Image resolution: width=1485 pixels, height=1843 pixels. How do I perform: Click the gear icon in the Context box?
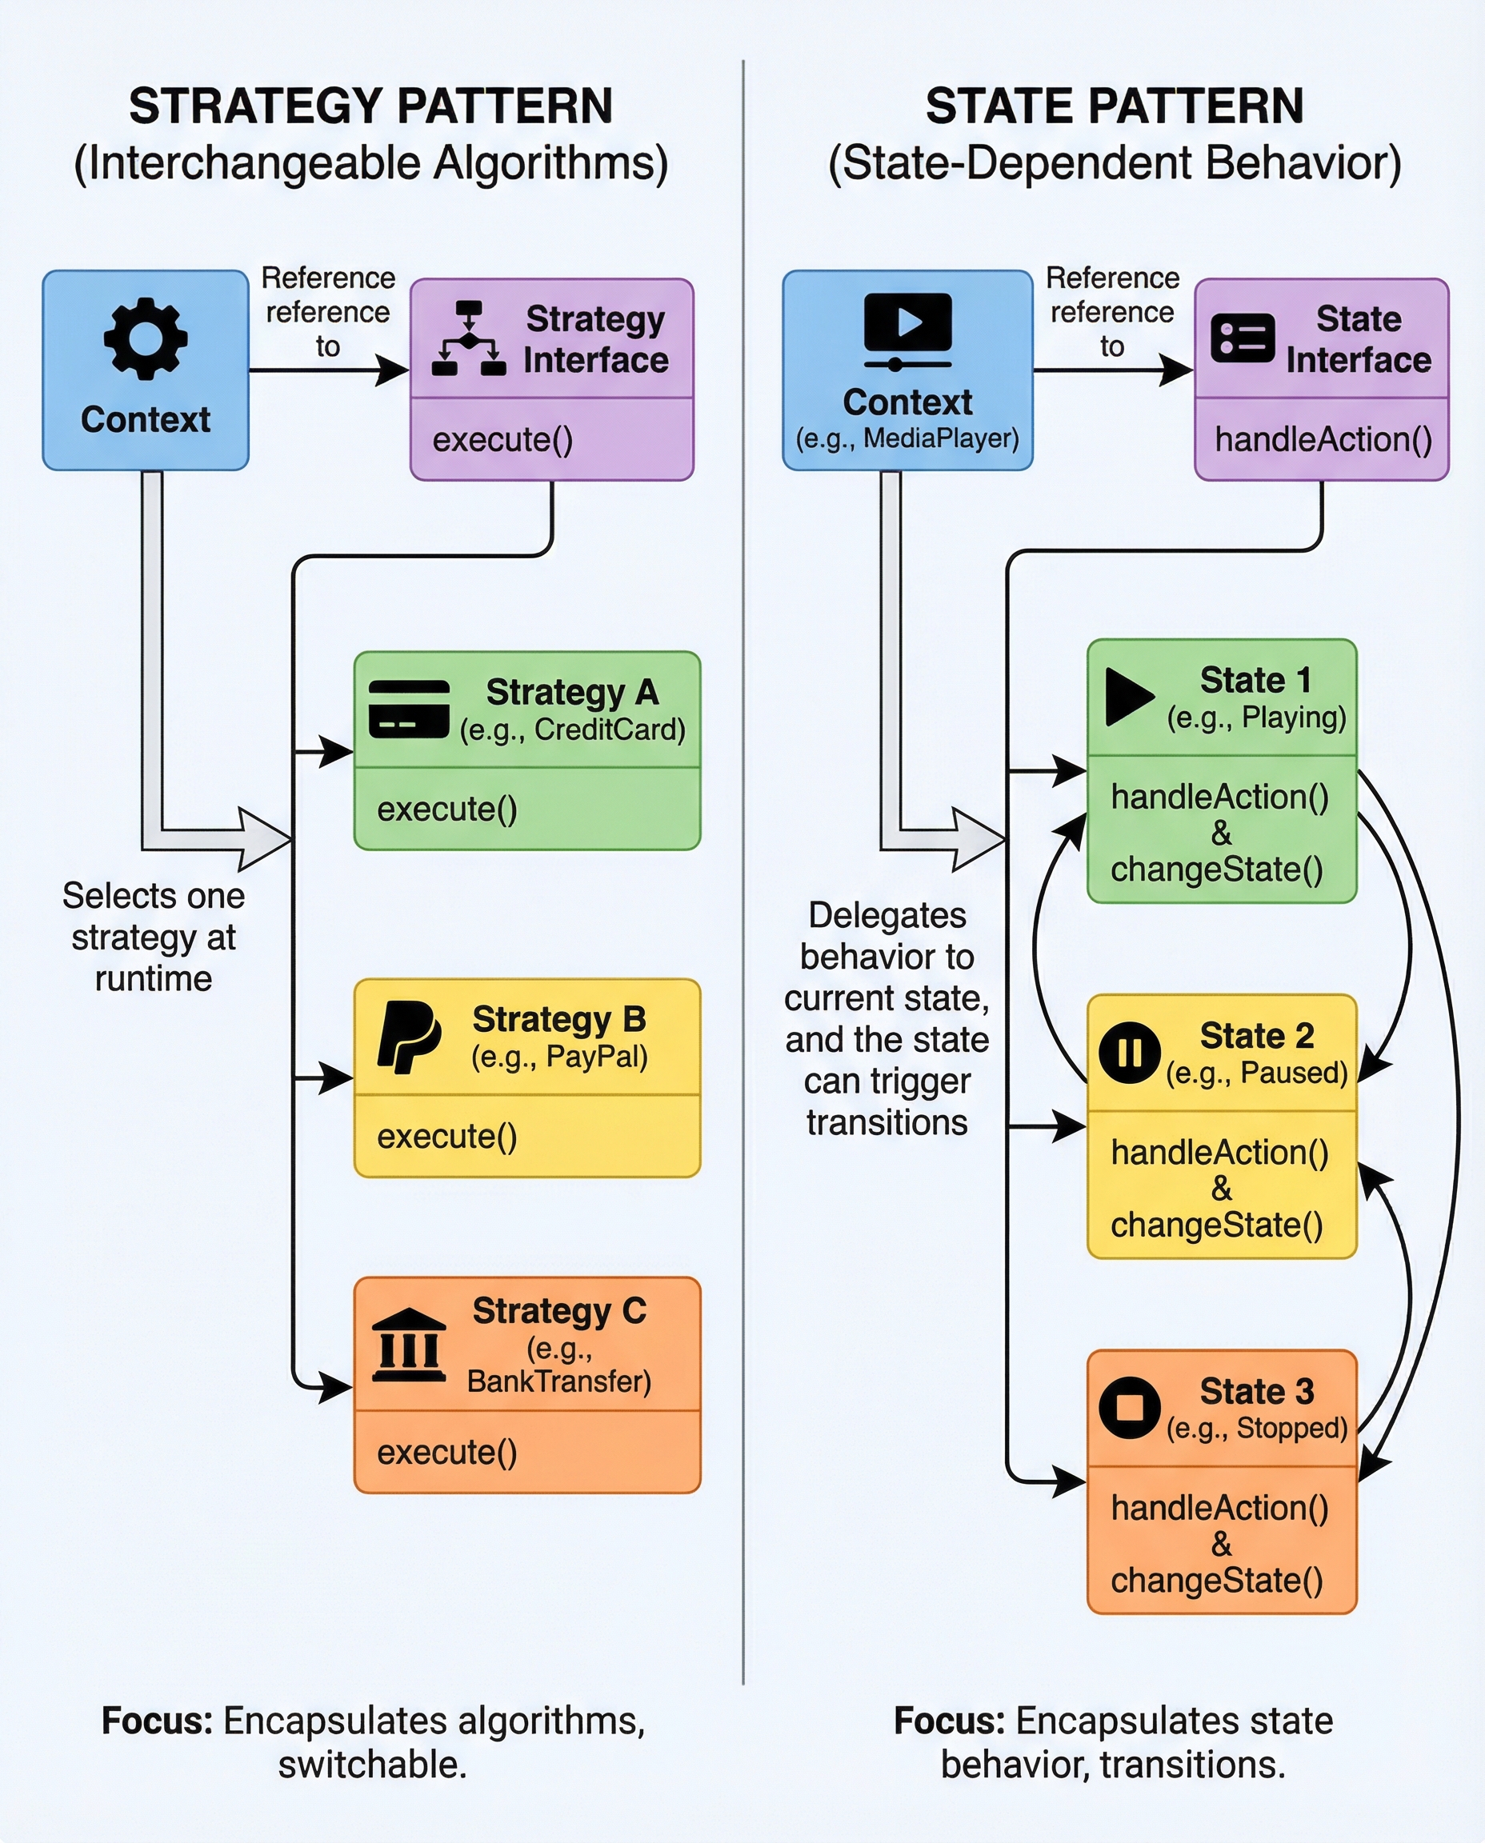pos(146,338)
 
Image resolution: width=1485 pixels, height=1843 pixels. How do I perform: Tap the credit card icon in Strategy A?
pos(408,709)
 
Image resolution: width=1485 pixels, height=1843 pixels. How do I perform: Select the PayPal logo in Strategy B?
pos(408,1037)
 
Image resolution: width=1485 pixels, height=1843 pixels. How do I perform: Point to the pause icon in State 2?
pos(1129,1053)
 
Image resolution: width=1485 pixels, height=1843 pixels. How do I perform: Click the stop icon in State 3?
pos(1129,1408)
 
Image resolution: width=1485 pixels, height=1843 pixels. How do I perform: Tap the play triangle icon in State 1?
pos(1128,697)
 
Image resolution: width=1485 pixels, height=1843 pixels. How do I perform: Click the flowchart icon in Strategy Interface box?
pos(469,338)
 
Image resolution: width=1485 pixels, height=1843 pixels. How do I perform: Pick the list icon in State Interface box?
pos(1242,338)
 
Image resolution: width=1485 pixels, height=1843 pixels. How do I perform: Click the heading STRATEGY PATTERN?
pos(370,106)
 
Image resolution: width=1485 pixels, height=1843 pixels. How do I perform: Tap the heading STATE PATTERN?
pos(1114,106)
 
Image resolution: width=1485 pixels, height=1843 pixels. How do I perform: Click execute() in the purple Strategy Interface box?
pos(502,440)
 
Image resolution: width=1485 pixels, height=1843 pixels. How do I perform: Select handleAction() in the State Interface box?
pos(1323,440)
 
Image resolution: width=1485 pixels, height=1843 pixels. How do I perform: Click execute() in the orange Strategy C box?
pos(446,1452)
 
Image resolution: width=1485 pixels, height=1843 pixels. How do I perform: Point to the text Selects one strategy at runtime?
pos(153,937)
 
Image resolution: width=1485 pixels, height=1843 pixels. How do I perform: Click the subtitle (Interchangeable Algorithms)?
pos(370,162)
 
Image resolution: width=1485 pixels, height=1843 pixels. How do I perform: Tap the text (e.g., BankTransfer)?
pos(558,1365)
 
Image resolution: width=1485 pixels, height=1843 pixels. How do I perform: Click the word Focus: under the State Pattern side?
pos(950,1721)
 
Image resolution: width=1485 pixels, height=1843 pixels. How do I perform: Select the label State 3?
pos(1255,1391)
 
